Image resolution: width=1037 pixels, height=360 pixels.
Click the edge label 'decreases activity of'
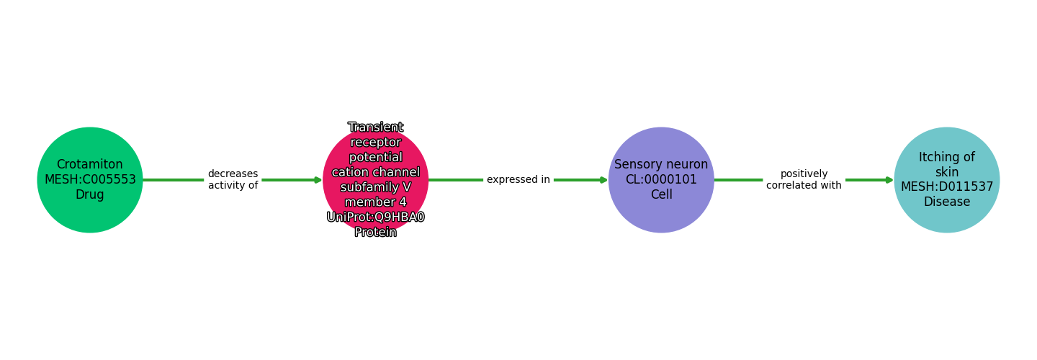(x=233, y=180)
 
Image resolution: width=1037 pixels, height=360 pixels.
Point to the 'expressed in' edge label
(x=518, y=180)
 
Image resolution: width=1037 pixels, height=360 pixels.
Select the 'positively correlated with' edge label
(x=804, y=180)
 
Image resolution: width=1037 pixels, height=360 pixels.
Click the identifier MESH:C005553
(x=90, y=180)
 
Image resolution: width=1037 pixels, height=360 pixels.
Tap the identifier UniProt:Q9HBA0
(x=375, y=217)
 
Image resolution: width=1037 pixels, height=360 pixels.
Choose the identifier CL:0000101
(x=661, y=180)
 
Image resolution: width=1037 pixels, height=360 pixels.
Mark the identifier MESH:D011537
(x=947, y=187)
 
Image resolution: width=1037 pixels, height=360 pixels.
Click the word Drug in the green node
(x=90, y=195)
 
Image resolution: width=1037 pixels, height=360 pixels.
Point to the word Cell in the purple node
(x=661, y=195)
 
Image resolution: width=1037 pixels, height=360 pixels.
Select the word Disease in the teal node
(x=947, y=202)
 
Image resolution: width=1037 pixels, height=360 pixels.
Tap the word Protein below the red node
(x=375, y=233)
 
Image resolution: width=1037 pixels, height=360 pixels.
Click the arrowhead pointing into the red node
(x=318, y=180)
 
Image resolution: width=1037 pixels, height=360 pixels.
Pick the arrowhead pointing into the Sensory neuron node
(x=603, y=180)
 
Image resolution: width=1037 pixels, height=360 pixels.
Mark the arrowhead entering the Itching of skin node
(x=889, y=180)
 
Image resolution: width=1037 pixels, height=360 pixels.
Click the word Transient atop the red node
(x=375, y=127)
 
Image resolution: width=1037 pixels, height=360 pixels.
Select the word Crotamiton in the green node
(x=90, y=165)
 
